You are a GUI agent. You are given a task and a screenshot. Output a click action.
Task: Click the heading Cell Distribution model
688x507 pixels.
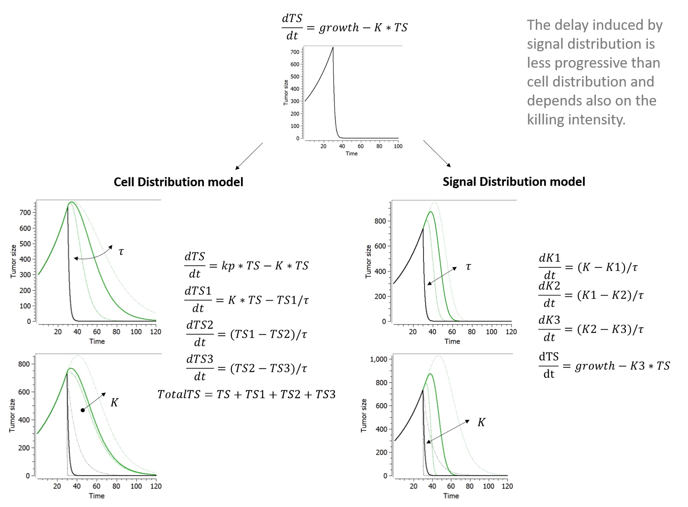click(x=178, y=182)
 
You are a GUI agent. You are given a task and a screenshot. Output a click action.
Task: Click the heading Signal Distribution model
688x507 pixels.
click(x=513, y=182)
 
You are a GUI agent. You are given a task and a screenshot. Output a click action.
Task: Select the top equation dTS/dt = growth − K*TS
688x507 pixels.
click(x=344, y=28)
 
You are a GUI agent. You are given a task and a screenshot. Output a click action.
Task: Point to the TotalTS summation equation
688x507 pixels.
click(x=246, y=394)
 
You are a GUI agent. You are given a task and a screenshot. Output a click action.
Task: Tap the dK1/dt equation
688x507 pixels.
click(x=588, y=267)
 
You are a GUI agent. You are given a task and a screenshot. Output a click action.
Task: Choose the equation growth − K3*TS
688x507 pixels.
click(x=604, y=366)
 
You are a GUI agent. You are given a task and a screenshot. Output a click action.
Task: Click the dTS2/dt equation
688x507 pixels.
click(x=246, y=334)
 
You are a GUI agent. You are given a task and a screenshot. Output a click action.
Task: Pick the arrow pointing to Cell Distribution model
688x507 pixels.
click(x=249, y=156)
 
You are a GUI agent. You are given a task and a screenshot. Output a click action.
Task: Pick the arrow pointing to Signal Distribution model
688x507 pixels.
click(x=437, y=154)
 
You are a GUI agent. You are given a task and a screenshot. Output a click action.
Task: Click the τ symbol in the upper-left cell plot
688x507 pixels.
click(x=121, y=252)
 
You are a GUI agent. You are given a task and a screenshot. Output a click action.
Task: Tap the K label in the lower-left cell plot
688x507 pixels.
click(x=114, y=403)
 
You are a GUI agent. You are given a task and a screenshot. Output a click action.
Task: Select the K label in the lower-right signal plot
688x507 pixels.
click(x=481, y=422)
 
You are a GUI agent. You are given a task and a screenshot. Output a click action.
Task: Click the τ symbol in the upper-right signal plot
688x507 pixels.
click(x=468, y=267)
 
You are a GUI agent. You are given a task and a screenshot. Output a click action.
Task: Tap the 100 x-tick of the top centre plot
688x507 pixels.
click(x=398, y=146)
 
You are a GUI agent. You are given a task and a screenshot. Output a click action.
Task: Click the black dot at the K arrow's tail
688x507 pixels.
click(x=82, y=410)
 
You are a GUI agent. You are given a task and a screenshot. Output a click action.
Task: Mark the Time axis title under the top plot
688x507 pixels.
click(x=352, y=154)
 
